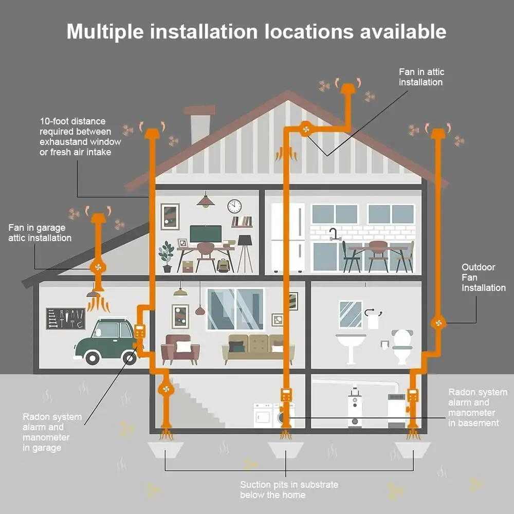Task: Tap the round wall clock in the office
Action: [x=234, y=206]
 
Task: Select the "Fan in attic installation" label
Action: [x=421, y=77]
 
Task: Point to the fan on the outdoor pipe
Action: [x=438, y=322]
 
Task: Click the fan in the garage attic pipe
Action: [x=98, y=267]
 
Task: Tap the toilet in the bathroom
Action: [x=402, y=345]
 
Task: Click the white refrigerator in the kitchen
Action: [x=288, y=236]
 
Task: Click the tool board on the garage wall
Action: [x=65, y=318]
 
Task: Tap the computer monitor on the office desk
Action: [x=206, y=234]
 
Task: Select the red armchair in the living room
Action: [x=180, y=350]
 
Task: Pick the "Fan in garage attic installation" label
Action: [x=40, y=233]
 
